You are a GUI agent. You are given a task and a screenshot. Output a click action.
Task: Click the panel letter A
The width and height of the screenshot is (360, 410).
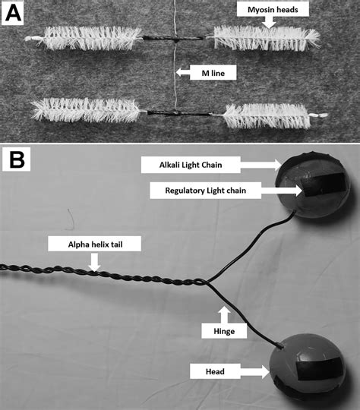click(14, 13)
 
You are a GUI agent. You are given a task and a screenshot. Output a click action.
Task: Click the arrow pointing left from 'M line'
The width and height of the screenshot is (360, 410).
click(187, 73)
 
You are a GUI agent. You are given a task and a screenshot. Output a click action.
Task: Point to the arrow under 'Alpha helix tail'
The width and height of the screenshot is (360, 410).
click(93, 262)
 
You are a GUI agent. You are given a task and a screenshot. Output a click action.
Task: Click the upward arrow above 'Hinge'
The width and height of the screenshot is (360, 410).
click(223, 312)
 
